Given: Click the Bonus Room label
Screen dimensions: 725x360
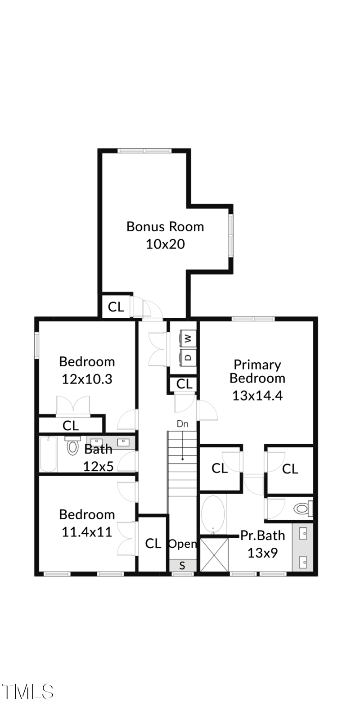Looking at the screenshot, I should coord(165,226).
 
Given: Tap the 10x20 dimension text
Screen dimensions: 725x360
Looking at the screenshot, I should coord(165,244).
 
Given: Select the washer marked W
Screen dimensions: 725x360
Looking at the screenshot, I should coord(188,338).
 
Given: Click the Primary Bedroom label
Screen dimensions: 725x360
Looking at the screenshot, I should coord(257,371).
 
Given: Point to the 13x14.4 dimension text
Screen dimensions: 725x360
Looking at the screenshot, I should coord(257,396).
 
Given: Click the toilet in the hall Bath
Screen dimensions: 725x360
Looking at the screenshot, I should coord(72,446).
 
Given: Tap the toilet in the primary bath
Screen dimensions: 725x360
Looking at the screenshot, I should coord(301,509).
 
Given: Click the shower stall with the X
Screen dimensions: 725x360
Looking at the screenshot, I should coord(214,554).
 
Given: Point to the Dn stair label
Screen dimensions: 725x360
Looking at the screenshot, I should coord(182,424).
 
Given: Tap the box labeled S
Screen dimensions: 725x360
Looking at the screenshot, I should coord(182,566).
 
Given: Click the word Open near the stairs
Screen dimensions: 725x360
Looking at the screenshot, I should coord(182,544).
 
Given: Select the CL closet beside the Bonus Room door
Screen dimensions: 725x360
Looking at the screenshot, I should coord(116,307).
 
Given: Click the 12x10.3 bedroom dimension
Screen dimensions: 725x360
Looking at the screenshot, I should coord(86,379).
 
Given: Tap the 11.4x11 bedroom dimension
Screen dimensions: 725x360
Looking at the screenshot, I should coord(86,532).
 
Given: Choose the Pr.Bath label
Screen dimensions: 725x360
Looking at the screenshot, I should coord(262,535).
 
